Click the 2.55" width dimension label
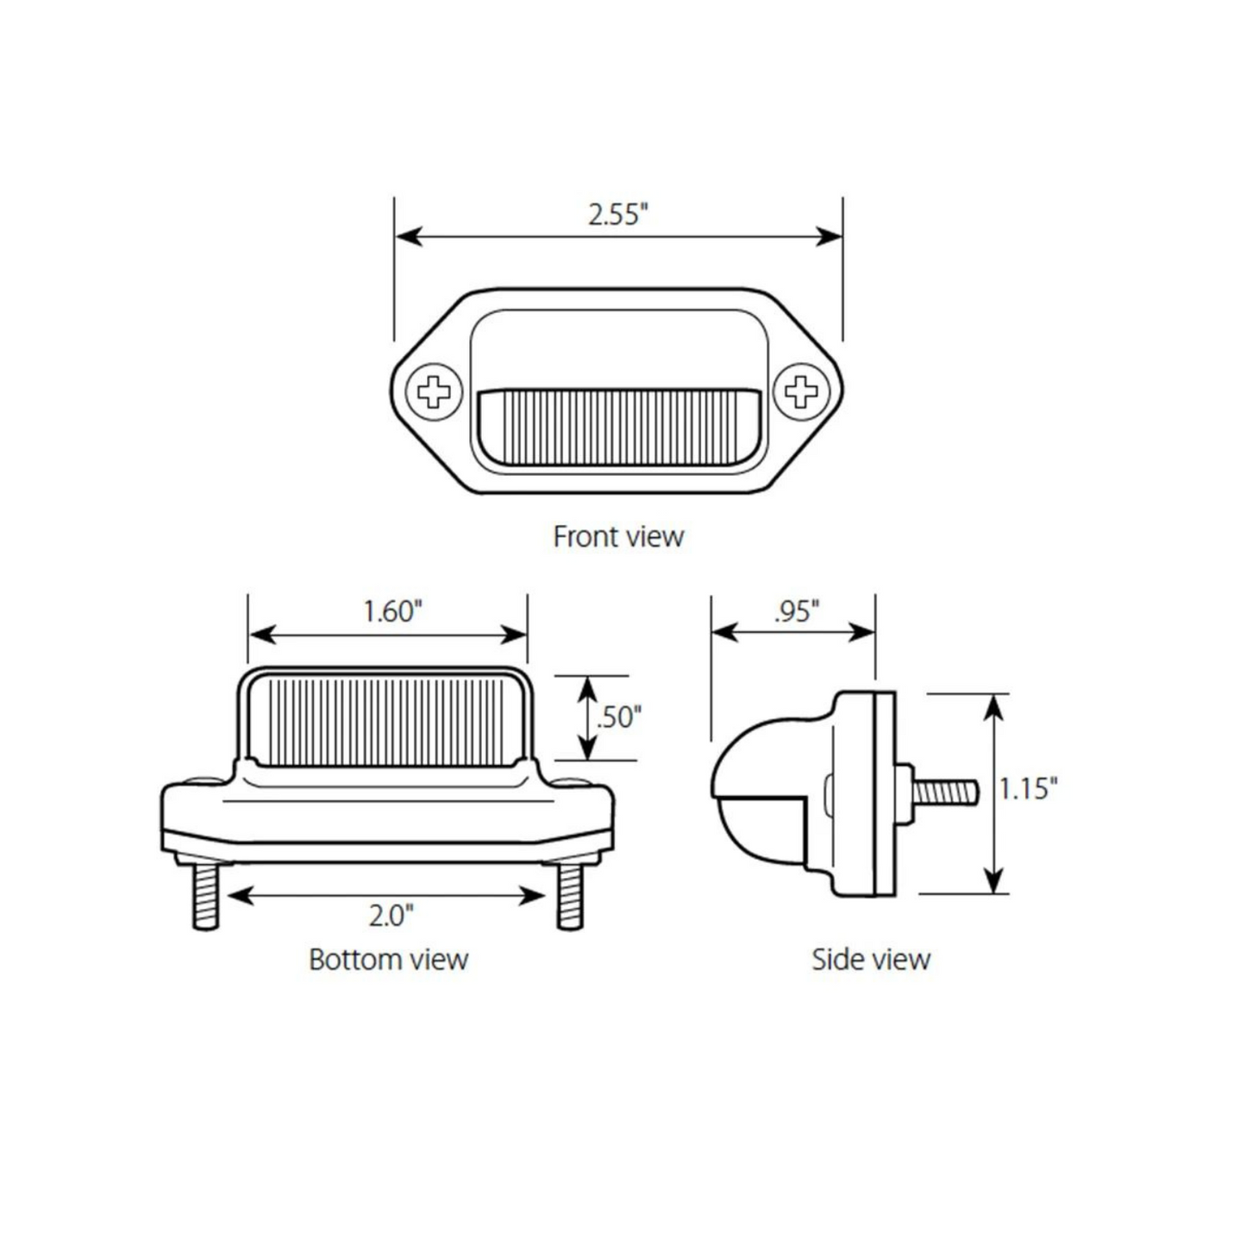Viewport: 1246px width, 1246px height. [617, 214]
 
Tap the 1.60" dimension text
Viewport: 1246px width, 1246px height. [392, 611]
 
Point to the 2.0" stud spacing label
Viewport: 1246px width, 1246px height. [391, 915]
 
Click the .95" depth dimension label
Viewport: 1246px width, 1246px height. [796, 611]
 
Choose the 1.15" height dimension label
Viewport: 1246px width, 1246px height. [1028, 788]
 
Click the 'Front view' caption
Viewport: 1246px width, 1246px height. [617, 536]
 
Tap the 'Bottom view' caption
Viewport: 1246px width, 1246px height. [388, 960]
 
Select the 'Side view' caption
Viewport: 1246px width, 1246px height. [871, 960]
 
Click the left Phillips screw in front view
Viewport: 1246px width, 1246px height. [434, 392]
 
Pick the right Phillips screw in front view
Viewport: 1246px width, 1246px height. [801, 392]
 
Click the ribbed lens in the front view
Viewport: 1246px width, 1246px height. [617, 428]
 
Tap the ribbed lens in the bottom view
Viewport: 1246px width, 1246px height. [386, 721]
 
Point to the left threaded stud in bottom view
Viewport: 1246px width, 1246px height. [205, 897]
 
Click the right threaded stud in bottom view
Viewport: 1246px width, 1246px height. [570, 897]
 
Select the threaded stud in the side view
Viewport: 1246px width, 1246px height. [946, 792]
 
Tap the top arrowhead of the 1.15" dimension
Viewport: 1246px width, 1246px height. [994, 706]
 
